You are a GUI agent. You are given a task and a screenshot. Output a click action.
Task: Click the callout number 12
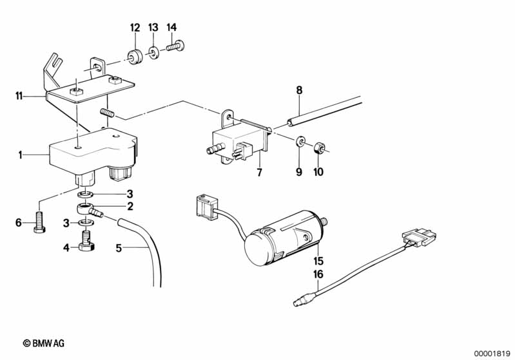tap(135, 28)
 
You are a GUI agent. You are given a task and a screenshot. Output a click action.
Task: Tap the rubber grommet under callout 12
tap(135, 57)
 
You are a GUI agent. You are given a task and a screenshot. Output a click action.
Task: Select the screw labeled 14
tap(175, 46)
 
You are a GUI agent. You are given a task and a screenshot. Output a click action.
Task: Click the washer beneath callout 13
tap(153, 53)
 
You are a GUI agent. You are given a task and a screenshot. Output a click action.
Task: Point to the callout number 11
tap(19, 96)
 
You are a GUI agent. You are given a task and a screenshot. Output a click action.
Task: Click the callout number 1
tap(20, 155)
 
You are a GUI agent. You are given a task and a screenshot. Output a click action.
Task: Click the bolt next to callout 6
tap(39, 222)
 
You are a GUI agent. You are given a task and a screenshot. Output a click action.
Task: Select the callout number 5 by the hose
tap(119, 248)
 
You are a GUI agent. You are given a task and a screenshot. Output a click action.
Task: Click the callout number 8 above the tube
tap(299, 90)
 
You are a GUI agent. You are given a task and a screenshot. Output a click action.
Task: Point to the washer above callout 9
tap(300, 142)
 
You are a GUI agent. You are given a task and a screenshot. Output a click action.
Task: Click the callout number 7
tap(260, 172)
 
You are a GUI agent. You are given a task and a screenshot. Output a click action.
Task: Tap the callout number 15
tap(318, 261)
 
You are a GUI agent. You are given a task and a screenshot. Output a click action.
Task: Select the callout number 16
tap(318, 274)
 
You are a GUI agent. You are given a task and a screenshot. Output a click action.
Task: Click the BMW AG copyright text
tap(44, 343)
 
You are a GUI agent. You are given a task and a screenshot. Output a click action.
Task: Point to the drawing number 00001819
tap(491, 354)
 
